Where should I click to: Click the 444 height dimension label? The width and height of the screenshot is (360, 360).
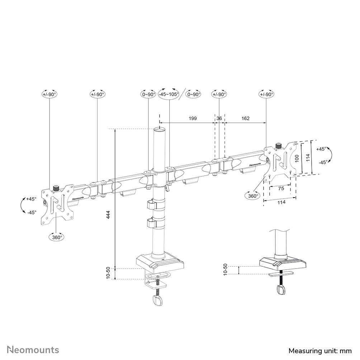point(108,215)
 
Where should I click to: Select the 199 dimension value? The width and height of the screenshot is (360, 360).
point(193,118)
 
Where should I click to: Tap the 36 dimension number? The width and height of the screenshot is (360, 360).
point(219,118)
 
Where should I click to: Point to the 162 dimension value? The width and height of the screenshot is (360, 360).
point(245,118)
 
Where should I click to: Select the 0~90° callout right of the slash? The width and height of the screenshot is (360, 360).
point(194,94)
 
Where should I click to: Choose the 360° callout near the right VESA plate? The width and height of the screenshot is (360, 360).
point(252,196)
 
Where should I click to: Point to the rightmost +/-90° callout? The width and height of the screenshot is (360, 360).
point(266,94)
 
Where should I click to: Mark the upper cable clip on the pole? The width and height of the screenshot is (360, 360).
point(152,205)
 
